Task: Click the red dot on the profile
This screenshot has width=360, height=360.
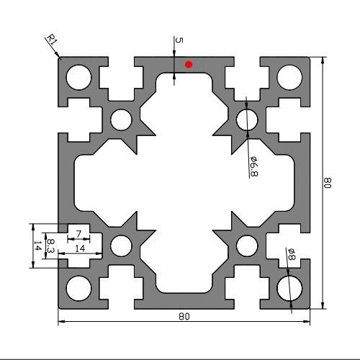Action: point(189,64)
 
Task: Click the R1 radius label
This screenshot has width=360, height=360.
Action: point(52,40)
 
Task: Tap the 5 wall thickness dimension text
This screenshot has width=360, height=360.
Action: point(179,40)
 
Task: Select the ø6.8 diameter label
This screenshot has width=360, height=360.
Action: point(253,166)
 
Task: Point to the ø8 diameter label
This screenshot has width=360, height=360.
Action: point(292,254)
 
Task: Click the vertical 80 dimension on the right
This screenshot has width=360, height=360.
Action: point(328,183)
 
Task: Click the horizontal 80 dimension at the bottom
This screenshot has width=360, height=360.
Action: point(184,317)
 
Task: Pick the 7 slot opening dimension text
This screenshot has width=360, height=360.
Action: point(79,234)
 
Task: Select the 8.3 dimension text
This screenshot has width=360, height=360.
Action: point(50,246)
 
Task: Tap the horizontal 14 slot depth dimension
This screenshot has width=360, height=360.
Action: point(80,248)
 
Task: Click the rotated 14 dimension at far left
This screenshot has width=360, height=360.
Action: point(37,246)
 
